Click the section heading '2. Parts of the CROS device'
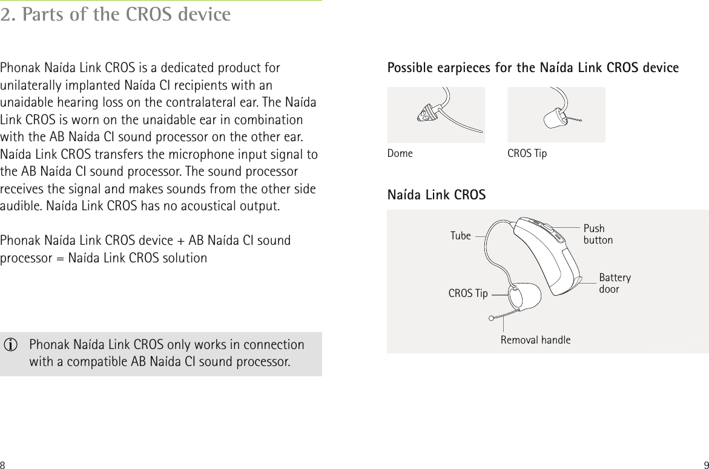pos(116,15)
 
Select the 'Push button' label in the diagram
pos(598,234)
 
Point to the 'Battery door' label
pos(615,283)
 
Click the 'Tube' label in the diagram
pos(461,236)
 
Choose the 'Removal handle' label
pos(535,340)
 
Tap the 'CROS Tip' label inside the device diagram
pos(467,294)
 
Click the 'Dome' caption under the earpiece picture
pos(400,153)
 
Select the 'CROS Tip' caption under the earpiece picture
pos(527,153)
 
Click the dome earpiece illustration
pos(435,115)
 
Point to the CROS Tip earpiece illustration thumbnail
pos(556,115)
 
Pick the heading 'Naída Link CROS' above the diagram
pos(436,195)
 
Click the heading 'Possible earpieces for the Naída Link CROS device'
pos(533,68)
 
